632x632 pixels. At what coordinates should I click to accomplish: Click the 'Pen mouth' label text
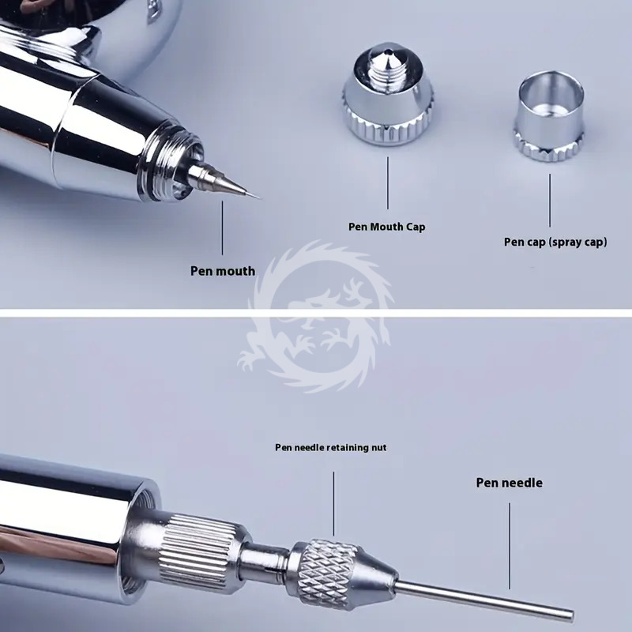[x=223, y=271]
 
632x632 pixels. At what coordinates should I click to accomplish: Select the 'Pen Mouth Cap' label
[x=386, y=227]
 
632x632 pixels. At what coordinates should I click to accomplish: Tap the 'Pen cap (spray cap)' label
[x=555, y=242]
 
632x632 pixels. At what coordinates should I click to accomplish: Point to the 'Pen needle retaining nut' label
[x=330, y=447]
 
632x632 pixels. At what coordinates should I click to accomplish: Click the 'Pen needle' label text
[x=509, y=483]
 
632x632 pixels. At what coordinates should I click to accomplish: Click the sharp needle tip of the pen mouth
[x=259, y=198]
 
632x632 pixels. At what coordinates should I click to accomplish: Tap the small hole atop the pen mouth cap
[x=387, y=51]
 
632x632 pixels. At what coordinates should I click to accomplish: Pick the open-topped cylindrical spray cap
[x=549, y=116]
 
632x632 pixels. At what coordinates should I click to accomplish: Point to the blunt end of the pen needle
[x=571, y=615]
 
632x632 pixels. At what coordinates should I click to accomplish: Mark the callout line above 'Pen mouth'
[x=222, y=228]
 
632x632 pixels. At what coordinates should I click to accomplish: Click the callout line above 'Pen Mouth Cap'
[x=388, y=183]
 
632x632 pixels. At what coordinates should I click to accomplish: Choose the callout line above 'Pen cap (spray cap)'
[x=550, y=201]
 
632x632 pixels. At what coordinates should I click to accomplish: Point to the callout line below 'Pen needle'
[x=510, y=546]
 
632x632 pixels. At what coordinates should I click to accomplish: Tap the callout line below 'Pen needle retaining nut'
[x=333, y=504]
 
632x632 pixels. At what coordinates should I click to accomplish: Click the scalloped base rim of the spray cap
[x=549, y=146]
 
